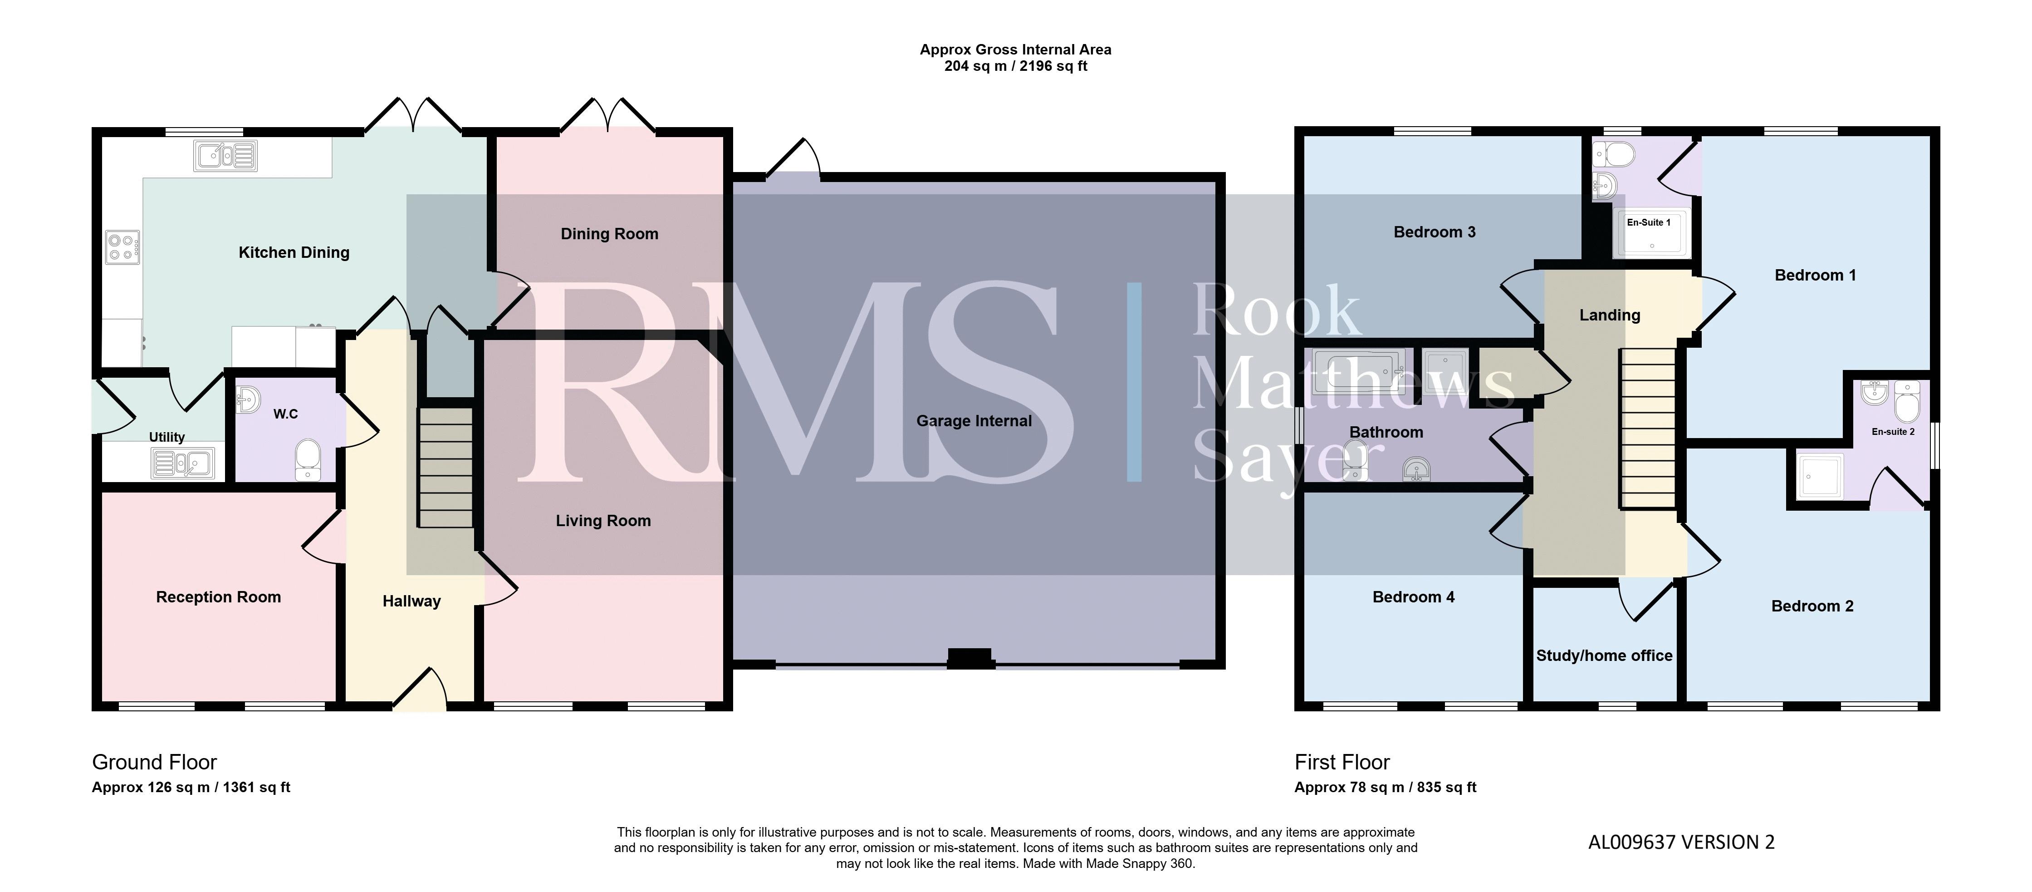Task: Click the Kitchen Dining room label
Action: (294, 252)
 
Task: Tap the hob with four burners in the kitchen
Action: (123, 247)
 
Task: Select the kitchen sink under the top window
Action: (225, 156)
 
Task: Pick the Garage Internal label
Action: (974, 421)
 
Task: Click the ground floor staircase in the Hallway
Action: (446, 467)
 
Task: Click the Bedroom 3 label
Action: (1434, 232)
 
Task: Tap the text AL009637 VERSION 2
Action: (1681, 842)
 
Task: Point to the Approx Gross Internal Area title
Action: (1015, 50)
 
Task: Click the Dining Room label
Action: (609, 234)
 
